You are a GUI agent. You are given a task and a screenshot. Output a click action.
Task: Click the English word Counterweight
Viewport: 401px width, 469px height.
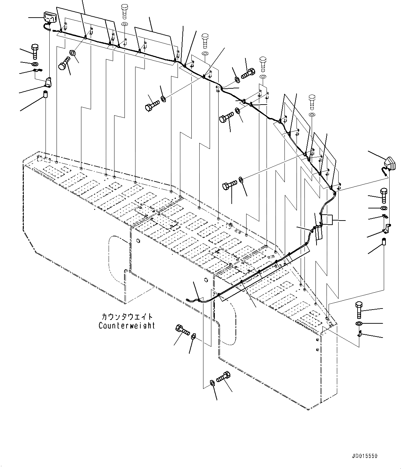tap(127, 325)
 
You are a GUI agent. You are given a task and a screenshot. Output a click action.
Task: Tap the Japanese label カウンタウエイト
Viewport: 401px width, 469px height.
tap(127, 316)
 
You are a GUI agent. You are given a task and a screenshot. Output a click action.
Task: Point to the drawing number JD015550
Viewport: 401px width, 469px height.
tap(365, 456)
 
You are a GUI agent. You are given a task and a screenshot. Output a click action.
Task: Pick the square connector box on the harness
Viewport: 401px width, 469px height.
tap(327, 220)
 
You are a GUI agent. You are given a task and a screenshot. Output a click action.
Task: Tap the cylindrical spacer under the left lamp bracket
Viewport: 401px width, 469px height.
tap(45, 95)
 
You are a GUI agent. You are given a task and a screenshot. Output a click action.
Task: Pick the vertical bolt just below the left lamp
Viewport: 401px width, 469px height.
tap(35, 51)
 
